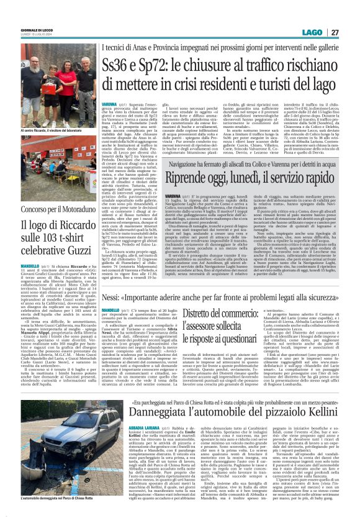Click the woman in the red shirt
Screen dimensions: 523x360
coord(67,82)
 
